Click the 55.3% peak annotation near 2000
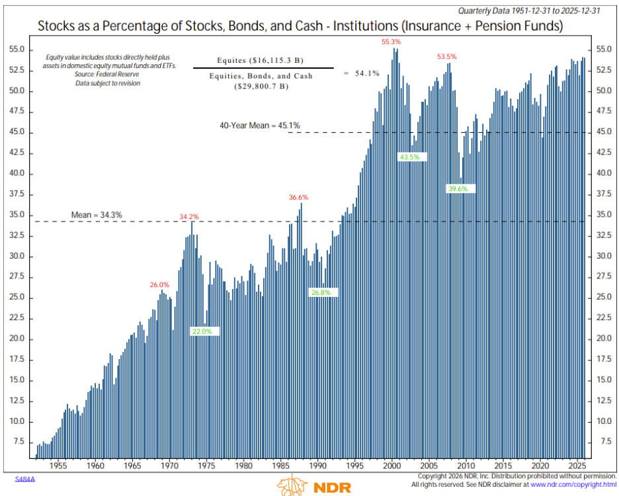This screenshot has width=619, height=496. [391, 42]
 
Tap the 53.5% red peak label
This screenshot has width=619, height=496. [446, 57]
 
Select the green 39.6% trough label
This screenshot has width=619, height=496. [458, 188]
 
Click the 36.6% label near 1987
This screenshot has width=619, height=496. [298, 197]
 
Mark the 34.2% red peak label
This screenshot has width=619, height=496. [189, 216]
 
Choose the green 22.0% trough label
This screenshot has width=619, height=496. [202, 331]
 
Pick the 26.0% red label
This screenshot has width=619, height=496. [159, 284]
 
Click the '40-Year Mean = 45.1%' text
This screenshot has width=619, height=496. [260, 125]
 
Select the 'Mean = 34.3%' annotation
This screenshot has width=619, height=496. [97, 214]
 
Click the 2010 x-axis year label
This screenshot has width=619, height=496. [467, 465]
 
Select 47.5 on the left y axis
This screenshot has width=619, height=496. [17, 112]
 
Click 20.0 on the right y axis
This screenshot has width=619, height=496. [603, 339]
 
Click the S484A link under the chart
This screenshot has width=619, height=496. [24, 477]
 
